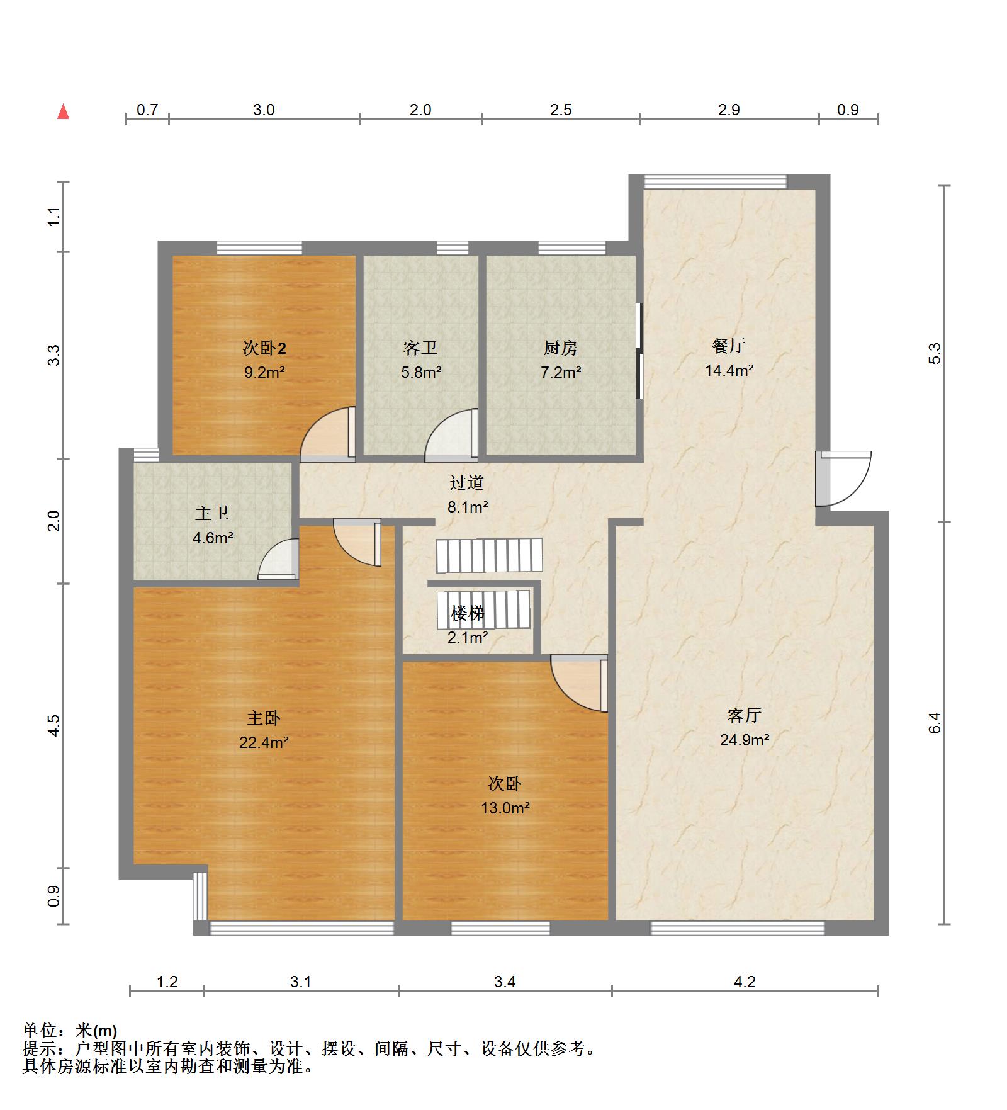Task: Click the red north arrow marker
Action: click(63, 111)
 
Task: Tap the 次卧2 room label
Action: click(264, 348)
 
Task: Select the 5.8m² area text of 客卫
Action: click(421, 372)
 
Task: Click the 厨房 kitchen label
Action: click(560, 348)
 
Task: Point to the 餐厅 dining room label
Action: click(729, 346)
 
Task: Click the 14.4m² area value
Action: click(729, 370)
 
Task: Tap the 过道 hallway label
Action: click(467, 482)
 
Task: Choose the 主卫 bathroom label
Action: click(212, 513)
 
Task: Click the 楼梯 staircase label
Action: click(468, 613)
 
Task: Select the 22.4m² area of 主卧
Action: click(264, 742)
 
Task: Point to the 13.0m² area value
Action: click(505, 808)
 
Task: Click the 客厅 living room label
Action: click(745, 715)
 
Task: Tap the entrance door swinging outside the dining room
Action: click(843, 479)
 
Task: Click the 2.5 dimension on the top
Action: click(561, 110)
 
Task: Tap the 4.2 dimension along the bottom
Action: click(745, 982)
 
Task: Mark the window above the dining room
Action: click(715, 181)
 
